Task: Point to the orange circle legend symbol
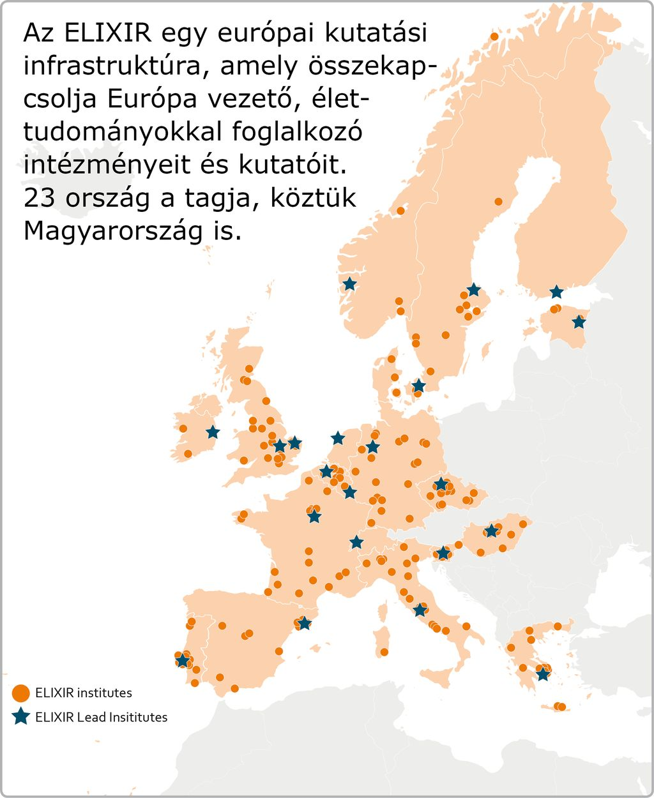click(21, 693)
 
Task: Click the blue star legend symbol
click(21, 717)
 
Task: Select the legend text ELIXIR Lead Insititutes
click(101, 717)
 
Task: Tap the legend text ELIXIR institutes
click(84, 693)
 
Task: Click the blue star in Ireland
click(213, 433)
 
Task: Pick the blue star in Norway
click(349, 284)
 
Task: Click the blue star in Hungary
click(491, 531)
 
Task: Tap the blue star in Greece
click(543, 674)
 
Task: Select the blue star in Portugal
click(183, 661)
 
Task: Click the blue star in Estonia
click(579, 322)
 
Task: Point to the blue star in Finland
click(557, 292)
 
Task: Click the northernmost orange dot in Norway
click(494, 36)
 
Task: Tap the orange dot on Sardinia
click(384, 652)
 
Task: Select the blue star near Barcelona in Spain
click(305, 623)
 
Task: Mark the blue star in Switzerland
click(356, 543)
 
